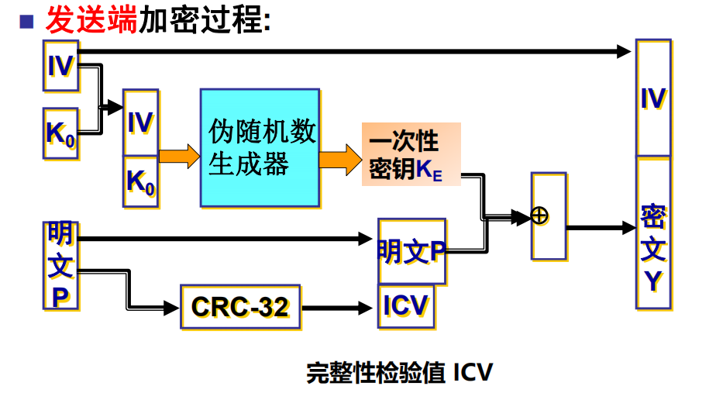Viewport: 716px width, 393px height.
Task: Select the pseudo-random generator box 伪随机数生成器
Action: point(260,148)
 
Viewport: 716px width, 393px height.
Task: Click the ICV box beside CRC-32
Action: point(405,306)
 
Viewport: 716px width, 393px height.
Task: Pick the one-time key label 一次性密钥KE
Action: point(410,154)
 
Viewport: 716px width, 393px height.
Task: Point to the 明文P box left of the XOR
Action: point(411,250)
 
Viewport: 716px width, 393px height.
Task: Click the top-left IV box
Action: point(60,66)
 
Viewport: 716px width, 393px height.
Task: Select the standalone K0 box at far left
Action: point(60,133)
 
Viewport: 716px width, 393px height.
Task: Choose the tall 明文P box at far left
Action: point(60,265)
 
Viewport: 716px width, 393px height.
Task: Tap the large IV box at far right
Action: point(652,98)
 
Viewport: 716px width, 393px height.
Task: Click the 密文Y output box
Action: point(652,233)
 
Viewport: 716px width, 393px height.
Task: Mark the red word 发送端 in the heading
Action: point(91,21)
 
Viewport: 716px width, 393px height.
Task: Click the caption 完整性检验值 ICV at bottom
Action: point(399,372)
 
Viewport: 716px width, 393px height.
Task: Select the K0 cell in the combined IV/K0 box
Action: point(141,181)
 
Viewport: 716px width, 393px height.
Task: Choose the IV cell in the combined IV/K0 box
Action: point(141,122)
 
